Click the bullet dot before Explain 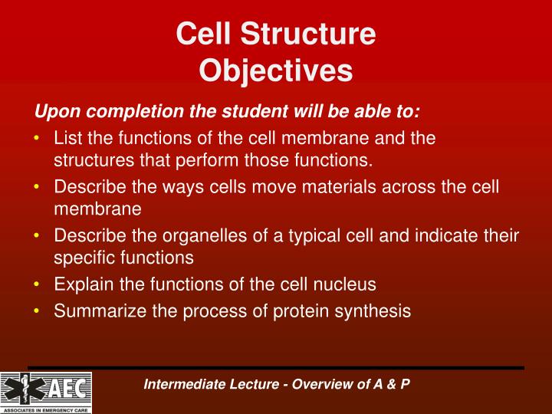tap(38, 284)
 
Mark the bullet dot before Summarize tap(38, 311)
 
